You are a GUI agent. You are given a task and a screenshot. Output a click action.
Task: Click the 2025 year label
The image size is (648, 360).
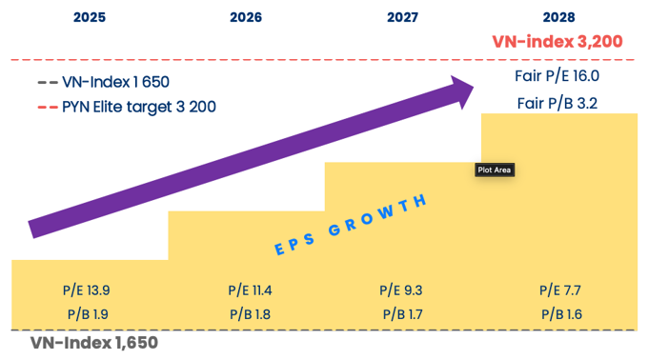click(x=91, y=17)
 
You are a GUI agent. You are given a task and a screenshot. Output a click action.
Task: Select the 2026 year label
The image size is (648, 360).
click(x=246, y=17)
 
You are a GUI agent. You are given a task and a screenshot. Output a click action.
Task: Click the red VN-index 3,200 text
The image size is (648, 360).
click(x=557, y=42)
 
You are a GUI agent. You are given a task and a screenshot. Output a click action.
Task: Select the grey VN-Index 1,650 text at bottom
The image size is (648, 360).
click(x=93, y=343)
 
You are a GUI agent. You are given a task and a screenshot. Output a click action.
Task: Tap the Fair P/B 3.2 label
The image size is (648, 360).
click(x=557, y=103)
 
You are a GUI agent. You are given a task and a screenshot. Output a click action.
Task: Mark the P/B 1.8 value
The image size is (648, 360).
click(x=250, y=314)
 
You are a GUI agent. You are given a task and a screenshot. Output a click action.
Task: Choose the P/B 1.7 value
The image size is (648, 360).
click(x=404, y=314)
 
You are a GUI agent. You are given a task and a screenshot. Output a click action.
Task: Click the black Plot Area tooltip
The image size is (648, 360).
click(x=495, y=170)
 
